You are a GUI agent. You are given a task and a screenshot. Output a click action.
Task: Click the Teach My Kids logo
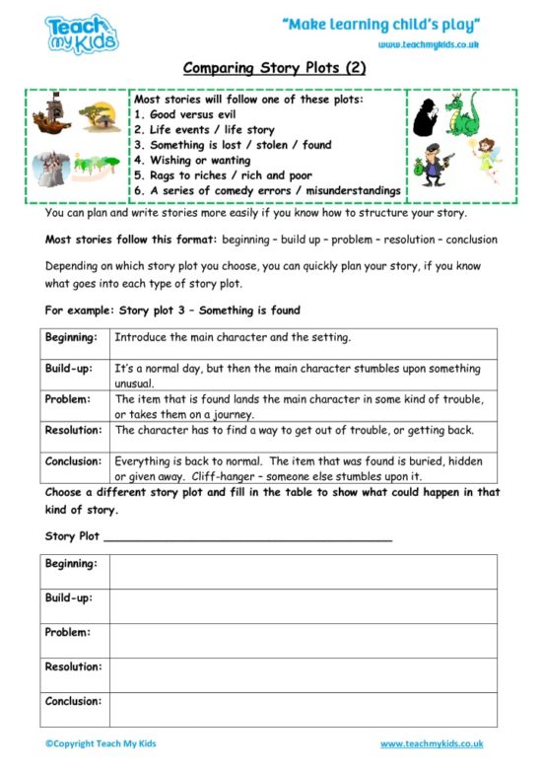click(x=81, y=32)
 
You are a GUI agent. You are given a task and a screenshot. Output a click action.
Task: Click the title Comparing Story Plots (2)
click(x=270, y=69)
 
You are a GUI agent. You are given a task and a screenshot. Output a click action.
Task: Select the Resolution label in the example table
click(x=74, y=430)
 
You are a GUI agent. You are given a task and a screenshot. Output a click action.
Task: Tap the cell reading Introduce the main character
click(x=233, y=337)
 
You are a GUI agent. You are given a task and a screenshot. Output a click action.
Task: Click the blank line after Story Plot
click(x=246, y=537)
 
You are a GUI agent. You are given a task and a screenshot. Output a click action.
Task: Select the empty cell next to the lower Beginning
click(x=303, y=572)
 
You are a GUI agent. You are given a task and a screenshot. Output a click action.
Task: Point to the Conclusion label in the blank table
click(x=74, y=701)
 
